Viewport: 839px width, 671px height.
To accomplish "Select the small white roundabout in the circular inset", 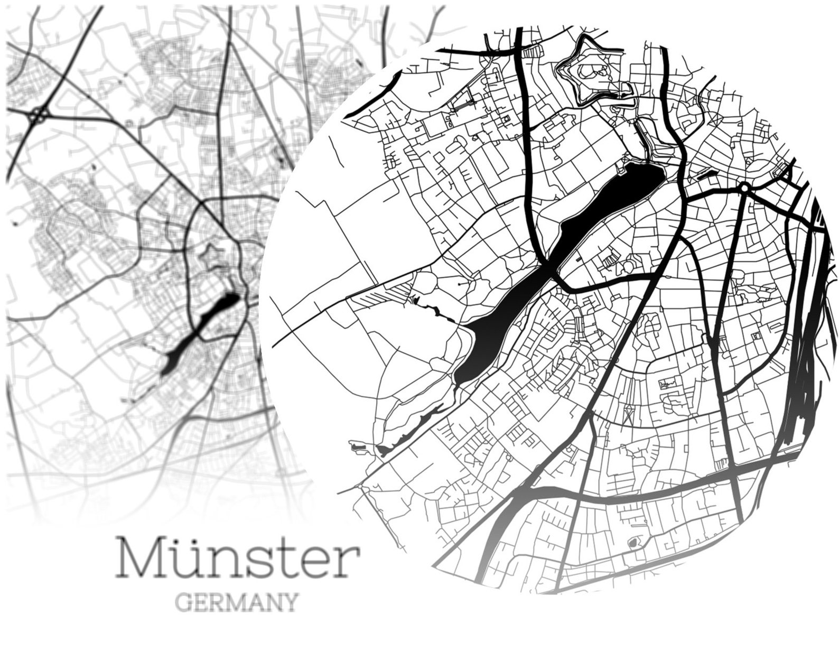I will tap(744, 187).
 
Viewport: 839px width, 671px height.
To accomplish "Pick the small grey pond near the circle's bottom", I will tap(632, 543).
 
